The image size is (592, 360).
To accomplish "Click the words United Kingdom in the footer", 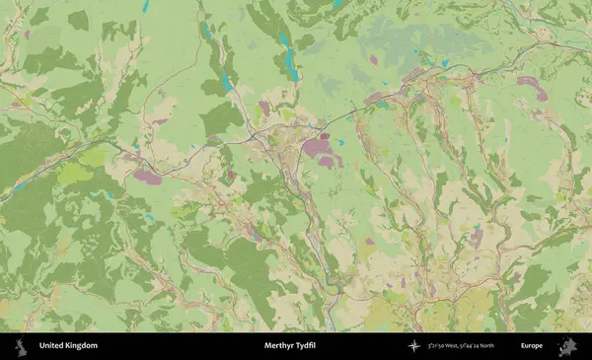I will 68,346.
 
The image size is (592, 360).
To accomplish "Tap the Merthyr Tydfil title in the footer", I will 295,346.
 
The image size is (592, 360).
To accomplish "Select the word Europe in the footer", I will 532,346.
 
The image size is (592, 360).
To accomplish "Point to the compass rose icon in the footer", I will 412,346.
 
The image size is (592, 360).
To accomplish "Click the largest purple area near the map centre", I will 317,148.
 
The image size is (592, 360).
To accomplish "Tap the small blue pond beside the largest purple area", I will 340,142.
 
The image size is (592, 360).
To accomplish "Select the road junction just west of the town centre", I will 255,131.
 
